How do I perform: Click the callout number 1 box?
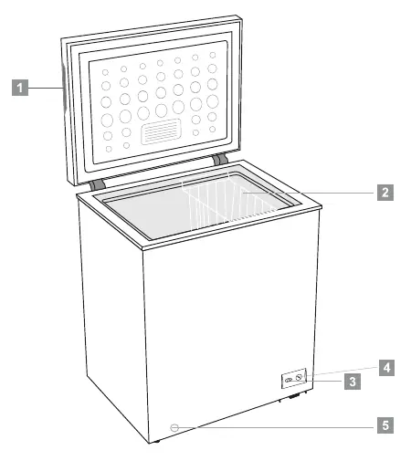20,88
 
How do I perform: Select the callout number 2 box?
385,193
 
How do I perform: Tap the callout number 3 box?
353,382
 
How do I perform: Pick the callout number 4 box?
386,368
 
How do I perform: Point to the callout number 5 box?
385,425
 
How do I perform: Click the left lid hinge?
98,184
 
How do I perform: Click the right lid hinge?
220,159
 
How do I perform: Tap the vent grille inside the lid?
161,131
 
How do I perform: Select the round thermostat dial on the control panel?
299,377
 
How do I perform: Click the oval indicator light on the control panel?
289,380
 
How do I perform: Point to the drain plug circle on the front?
174,427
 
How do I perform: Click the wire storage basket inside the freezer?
227,201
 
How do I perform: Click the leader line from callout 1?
46,88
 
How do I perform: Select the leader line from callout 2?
310,193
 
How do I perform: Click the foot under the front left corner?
156,441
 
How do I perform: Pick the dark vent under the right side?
294,396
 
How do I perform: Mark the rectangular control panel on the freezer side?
293,378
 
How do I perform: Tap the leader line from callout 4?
347,371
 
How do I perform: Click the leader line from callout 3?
323,381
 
